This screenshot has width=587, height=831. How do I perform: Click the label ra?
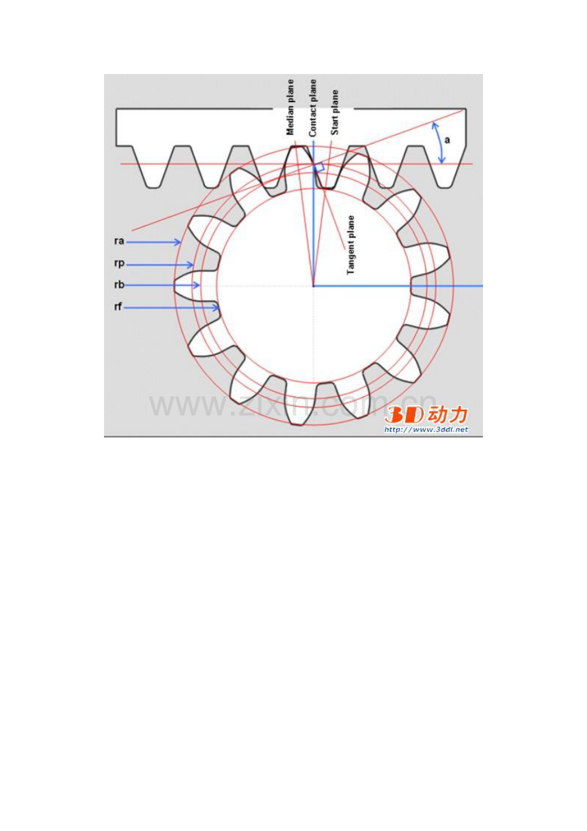click(x=119, y=241)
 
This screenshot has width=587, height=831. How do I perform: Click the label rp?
click(x=119, y=264)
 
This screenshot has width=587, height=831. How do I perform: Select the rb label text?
click(x=119, y=285)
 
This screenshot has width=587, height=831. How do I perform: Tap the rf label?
click(x=118, y=307)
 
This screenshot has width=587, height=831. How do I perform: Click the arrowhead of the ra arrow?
click(x=179, y=243)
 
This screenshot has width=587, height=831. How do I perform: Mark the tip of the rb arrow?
click(x=199, y=285)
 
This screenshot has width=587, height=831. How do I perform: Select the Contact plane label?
click(x=313, y=108)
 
